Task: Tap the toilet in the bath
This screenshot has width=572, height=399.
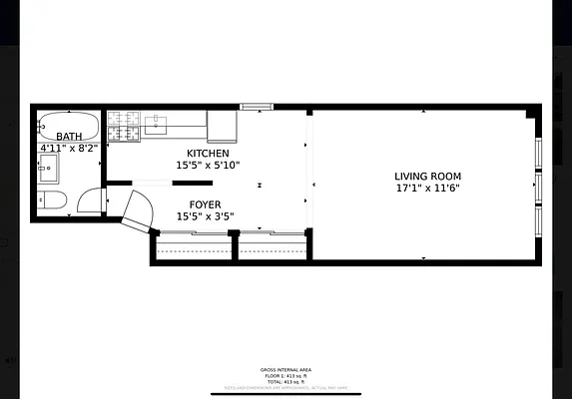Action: [53, 200]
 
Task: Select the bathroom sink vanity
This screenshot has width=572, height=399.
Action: [48, 167]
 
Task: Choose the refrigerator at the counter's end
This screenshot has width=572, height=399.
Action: [222, 125]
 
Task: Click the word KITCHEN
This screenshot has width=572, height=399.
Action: [208, 153]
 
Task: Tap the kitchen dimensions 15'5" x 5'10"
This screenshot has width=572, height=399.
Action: [208, 166]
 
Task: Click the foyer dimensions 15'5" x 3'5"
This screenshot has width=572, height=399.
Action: [208, 216]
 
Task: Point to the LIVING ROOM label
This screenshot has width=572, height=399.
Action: [427, 176]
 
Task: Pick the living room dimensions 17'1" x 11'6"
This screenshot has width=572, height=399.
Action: [427, 188]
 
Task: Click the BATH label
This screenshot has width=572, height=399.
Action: [70, 137]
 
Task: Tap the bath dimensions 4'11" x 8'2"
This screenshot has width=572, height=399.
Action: [70, 149]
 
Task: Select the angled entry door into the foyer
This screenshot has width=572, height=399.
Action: [137, 211]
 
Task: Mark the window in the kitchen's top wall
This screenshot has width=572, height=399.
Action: [257, 106]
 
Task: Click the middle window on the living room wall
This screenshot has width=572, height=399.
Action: [539, 186]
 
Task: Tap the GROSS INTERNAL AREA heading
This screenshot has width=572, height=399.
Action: [286, 368]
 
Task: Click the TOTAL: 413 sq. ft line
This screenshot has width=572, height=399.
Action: [286, 382]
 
